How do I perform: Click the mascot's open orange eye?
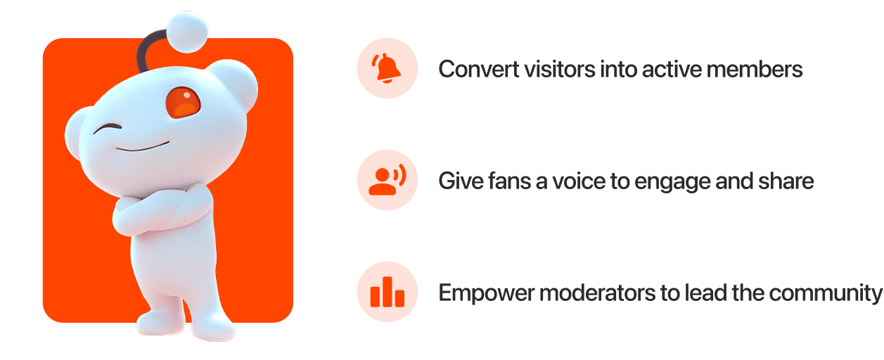tap(182, 103)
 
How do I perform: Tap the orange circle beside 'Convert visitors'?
tap(387, 68)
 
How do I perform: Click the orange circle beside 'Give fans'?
tap(387, 180)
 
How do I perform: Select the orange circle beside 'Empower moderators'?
tap(387, 292)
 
